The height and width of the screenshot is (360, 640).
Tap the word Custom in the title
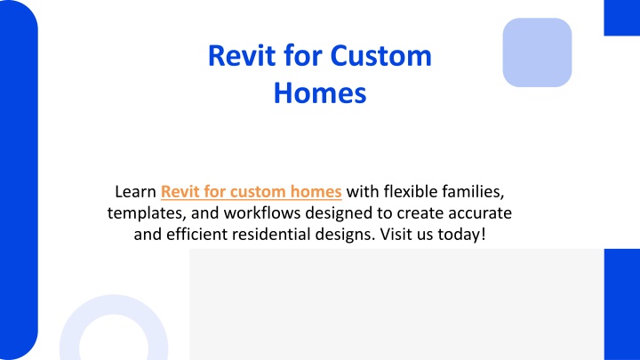(380, 55)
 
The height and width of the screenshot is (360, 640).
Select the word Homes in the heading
(320, 93)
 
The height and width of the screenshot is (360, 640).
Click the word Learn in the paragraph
(135, 191)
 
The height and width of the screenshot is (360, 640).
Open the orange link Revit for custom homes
(251, 191)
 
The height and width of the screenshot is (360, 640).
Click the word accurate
(480, 213)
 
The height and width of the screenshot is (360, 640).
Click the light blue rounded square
(537, 52)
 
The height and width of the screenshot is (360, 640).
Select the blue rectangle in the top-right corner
(622, 18)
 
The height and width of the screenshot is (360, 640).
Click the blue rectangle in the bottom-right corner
(622, 304)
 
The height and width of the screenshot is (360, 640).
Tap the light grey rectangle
(396, 304)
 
